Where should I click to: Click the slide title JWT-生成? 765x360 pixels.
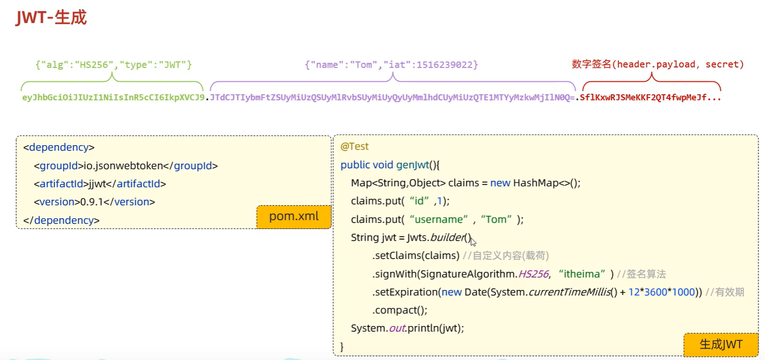[51, 17]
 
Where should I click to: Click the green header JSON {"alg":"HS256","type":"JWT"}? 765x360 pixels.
[113, 65]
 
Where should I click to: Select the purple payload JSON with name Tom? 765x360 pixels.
[391, 65]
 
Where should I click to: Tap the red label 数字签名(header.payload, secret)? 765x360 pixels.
[658, 64]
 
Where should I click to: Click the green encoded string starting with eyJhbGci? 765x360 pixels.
[113, 97]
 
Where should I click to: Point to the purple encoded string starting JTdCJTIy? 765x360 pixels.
[392, 97]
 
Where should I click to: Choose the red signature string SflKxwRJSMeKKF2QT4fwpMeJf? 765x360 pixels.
[650, 97]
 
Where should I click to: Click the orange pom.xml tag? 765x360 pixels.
[294, 216]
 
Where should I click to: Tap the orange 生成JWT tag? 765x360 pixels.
[721, 344]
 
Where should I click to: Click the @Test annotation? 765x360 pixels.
[355, 146]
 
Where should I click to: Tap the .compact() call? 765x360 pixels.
[400, 310]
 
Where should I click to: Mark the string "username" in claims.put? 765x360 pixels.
[439, 219]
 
